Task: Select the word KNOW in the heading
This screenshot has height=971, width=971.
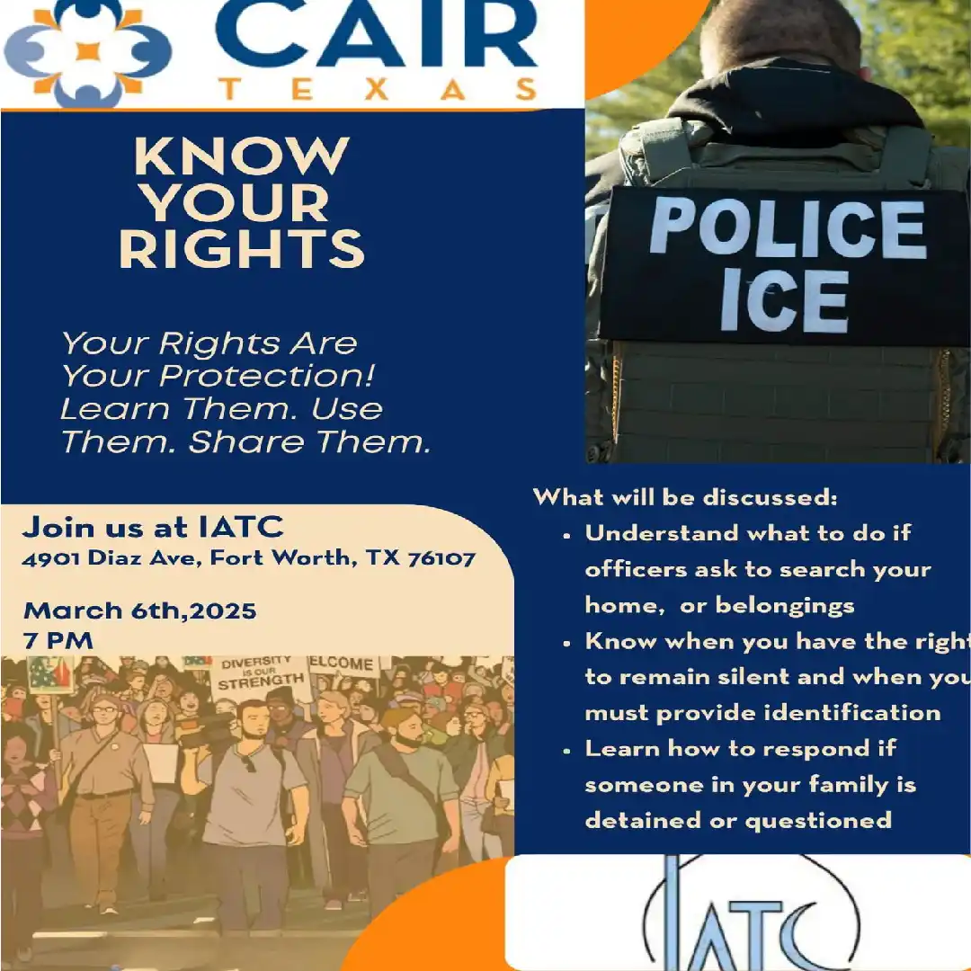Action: [x=241, y=157]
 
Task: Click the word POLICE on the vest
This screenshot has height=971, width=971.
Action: [x=787, y=229]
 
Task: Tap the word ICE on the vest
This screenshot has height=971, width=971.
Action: [x=784, y=301]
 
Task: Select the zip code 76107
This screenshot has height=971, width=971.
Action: [x=441, y=558]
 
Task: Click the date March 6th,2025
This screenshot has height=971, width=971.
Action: [x=140, y=611]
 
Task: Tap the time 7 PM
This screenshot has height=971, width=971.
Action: [x=58, y=641]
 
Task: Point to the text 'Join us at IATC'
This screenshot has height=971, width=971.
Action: [x=153, y=527]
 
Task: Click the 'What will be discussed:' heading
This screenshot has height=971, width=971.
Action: [x=685, y=497]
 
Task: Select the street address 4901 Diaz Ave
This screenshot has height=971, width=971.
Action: [x=112, y=558]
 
